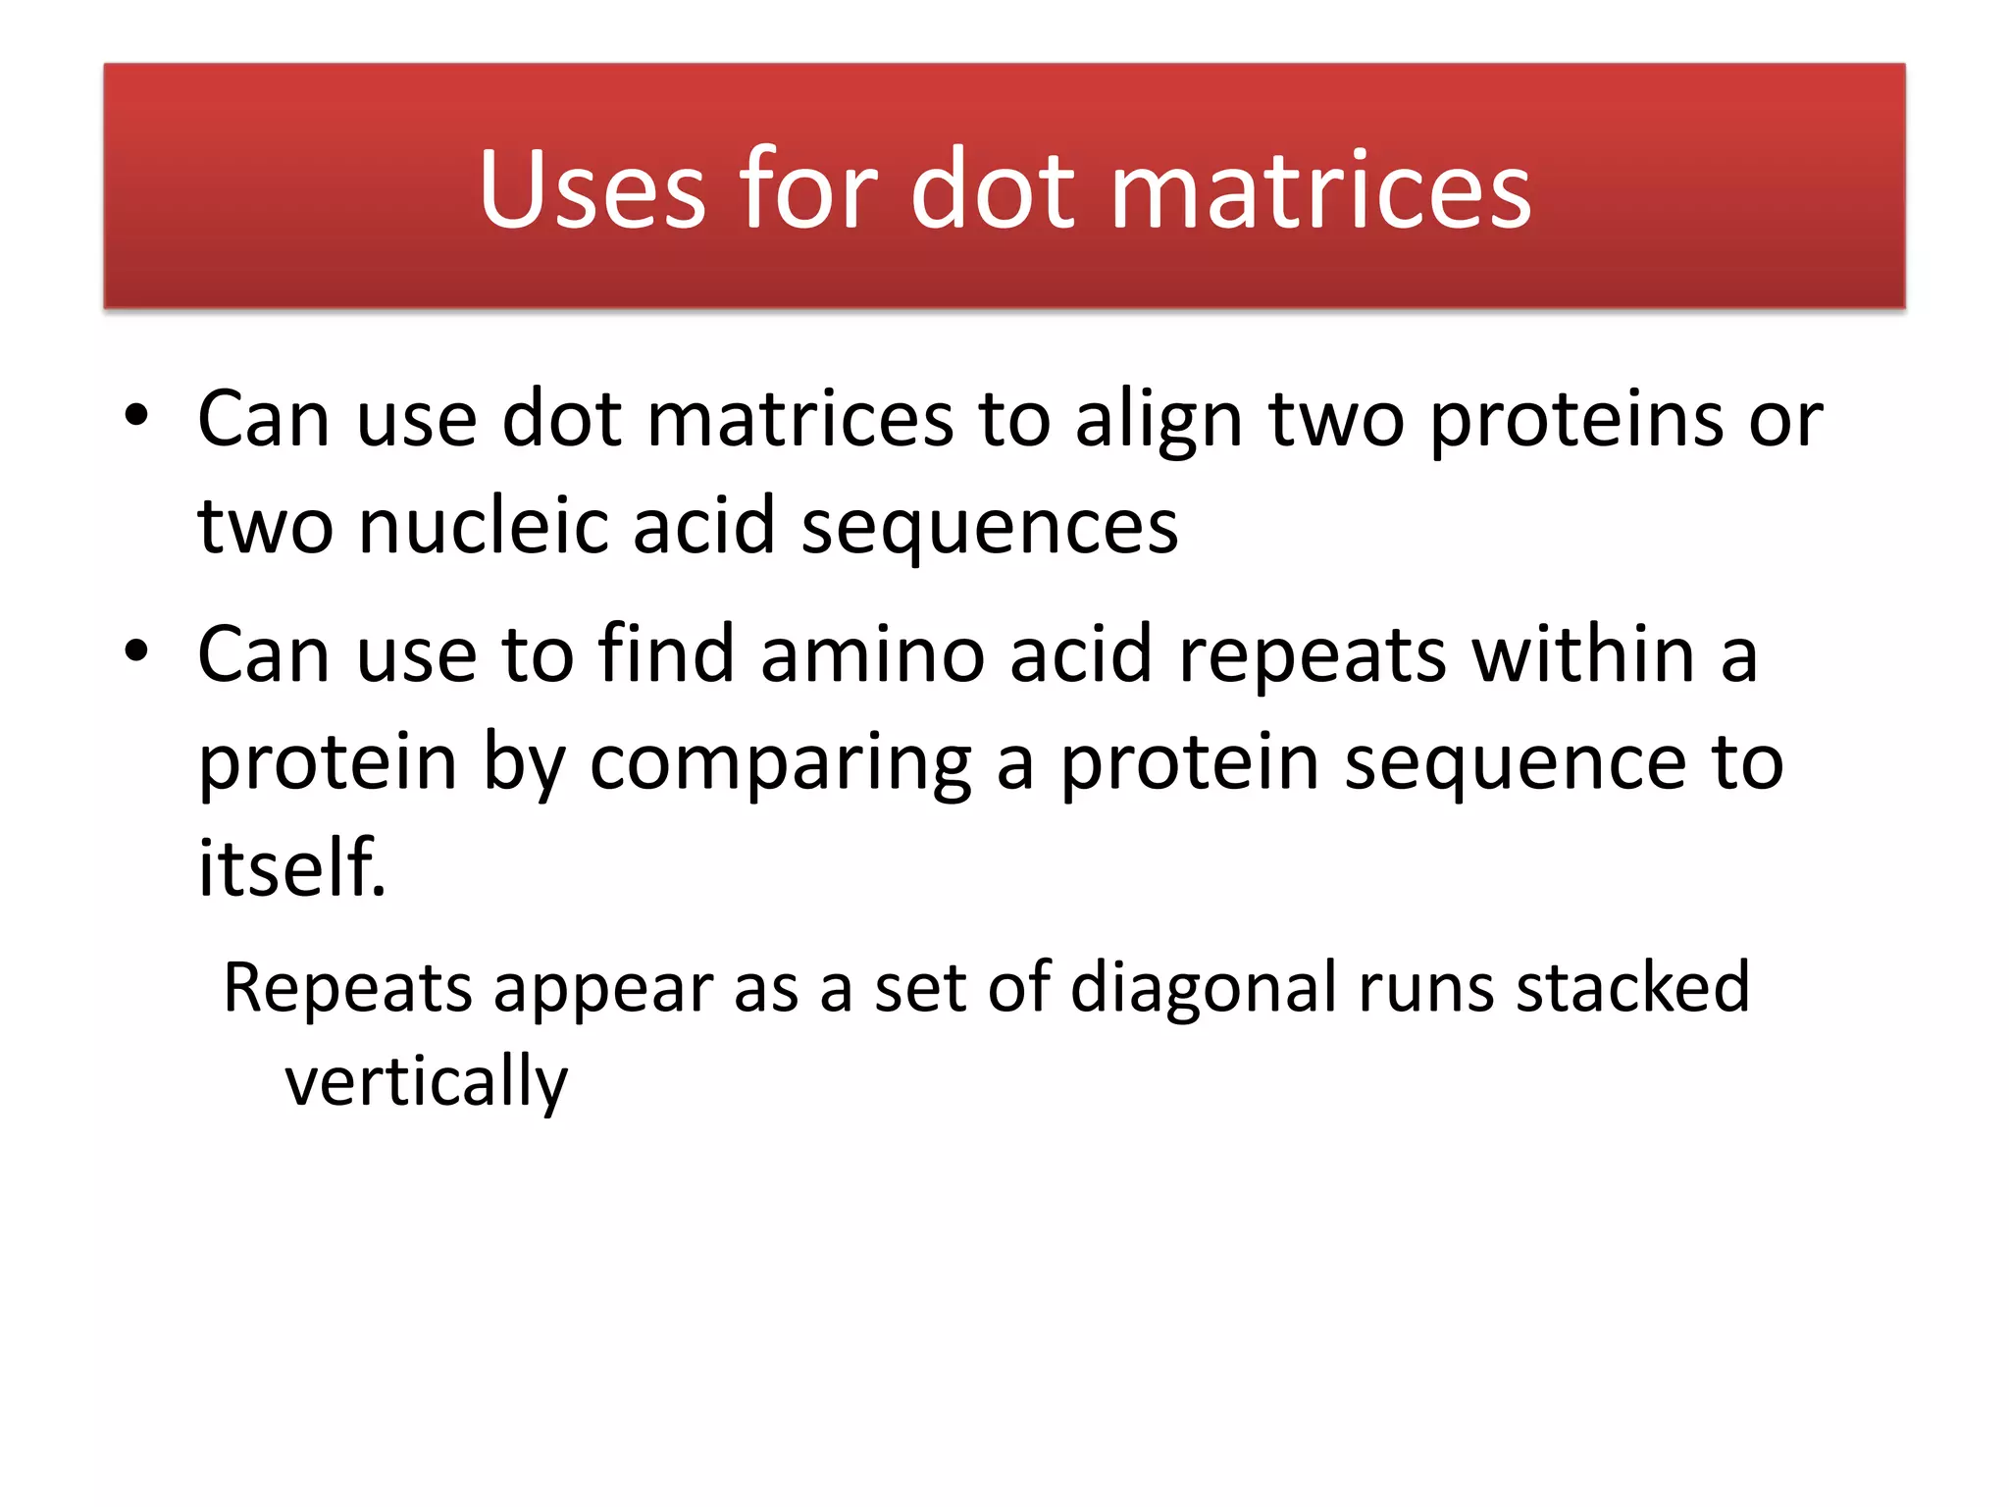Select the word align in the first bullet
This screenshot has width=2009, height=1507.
pyautogui.click(x=1159, y=420)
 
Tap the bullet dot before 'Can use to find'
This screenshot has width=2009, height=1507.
pyautogui.click(x=136, y=650)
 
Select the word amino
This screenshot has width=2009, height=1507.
pyautogui.click(x=872, y=654)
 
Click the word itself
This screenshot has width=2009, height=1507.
pyautogui.click(x=290, y=867)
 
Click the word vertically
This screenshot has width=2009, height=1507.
pyautogui.click(x=426, y=1082)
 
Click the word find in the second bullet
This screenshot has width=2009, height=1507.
pyautogui.click(x=666, y=654)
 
